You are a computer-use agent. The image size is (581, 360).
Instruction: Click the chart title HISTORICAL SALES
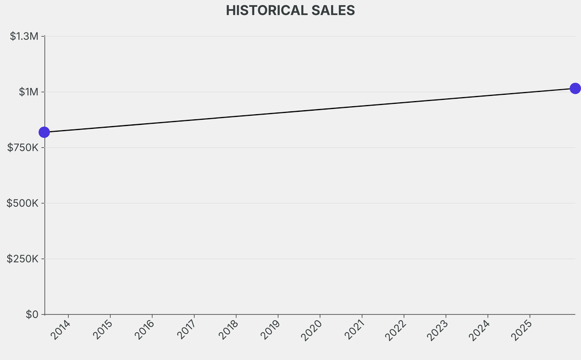pyautogui.click(x=290, y=10)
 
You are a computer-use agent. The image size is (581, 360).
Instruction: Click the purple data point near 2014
pyautogui.click(x=44, y=132)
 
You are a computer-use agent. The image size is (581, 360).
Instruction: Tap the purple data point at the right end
pyautogui.click(x=575, y=89)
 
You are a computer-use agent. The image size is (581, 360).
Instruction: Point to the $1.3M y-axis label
pyautogui.click(x=24, y=36)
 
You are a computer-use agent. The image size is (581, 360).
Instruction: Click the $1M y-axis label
pyautogui.click(x=28, y=92)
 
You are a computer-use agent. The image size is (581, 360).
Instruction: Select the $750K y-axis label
pyautogui.click(x=23, y=148)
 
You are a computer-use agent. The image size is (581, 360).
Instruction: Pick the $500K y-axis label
pyautogui.click(x=23, y=203)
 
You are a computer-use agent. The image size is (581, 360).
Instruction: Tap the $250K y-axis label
pyautogui.click(x=23, y=259)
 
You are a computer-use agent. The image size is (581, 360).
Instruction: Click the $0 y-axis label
pyautogui.click(x=32, y=315)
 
